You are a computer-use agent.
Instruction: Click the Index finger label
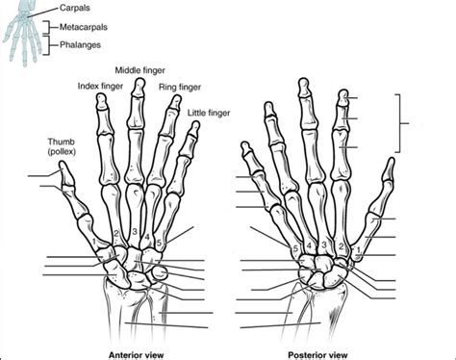(98, 88)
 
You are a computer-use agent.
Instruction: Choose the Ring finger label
(180, 88)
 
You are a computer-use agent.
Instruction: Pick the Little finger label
(209, 112)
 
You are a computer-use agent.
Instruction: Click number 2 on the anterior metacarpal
(116, 234)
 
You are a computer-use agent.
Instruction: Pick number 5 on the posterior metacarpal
(293, 248)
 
